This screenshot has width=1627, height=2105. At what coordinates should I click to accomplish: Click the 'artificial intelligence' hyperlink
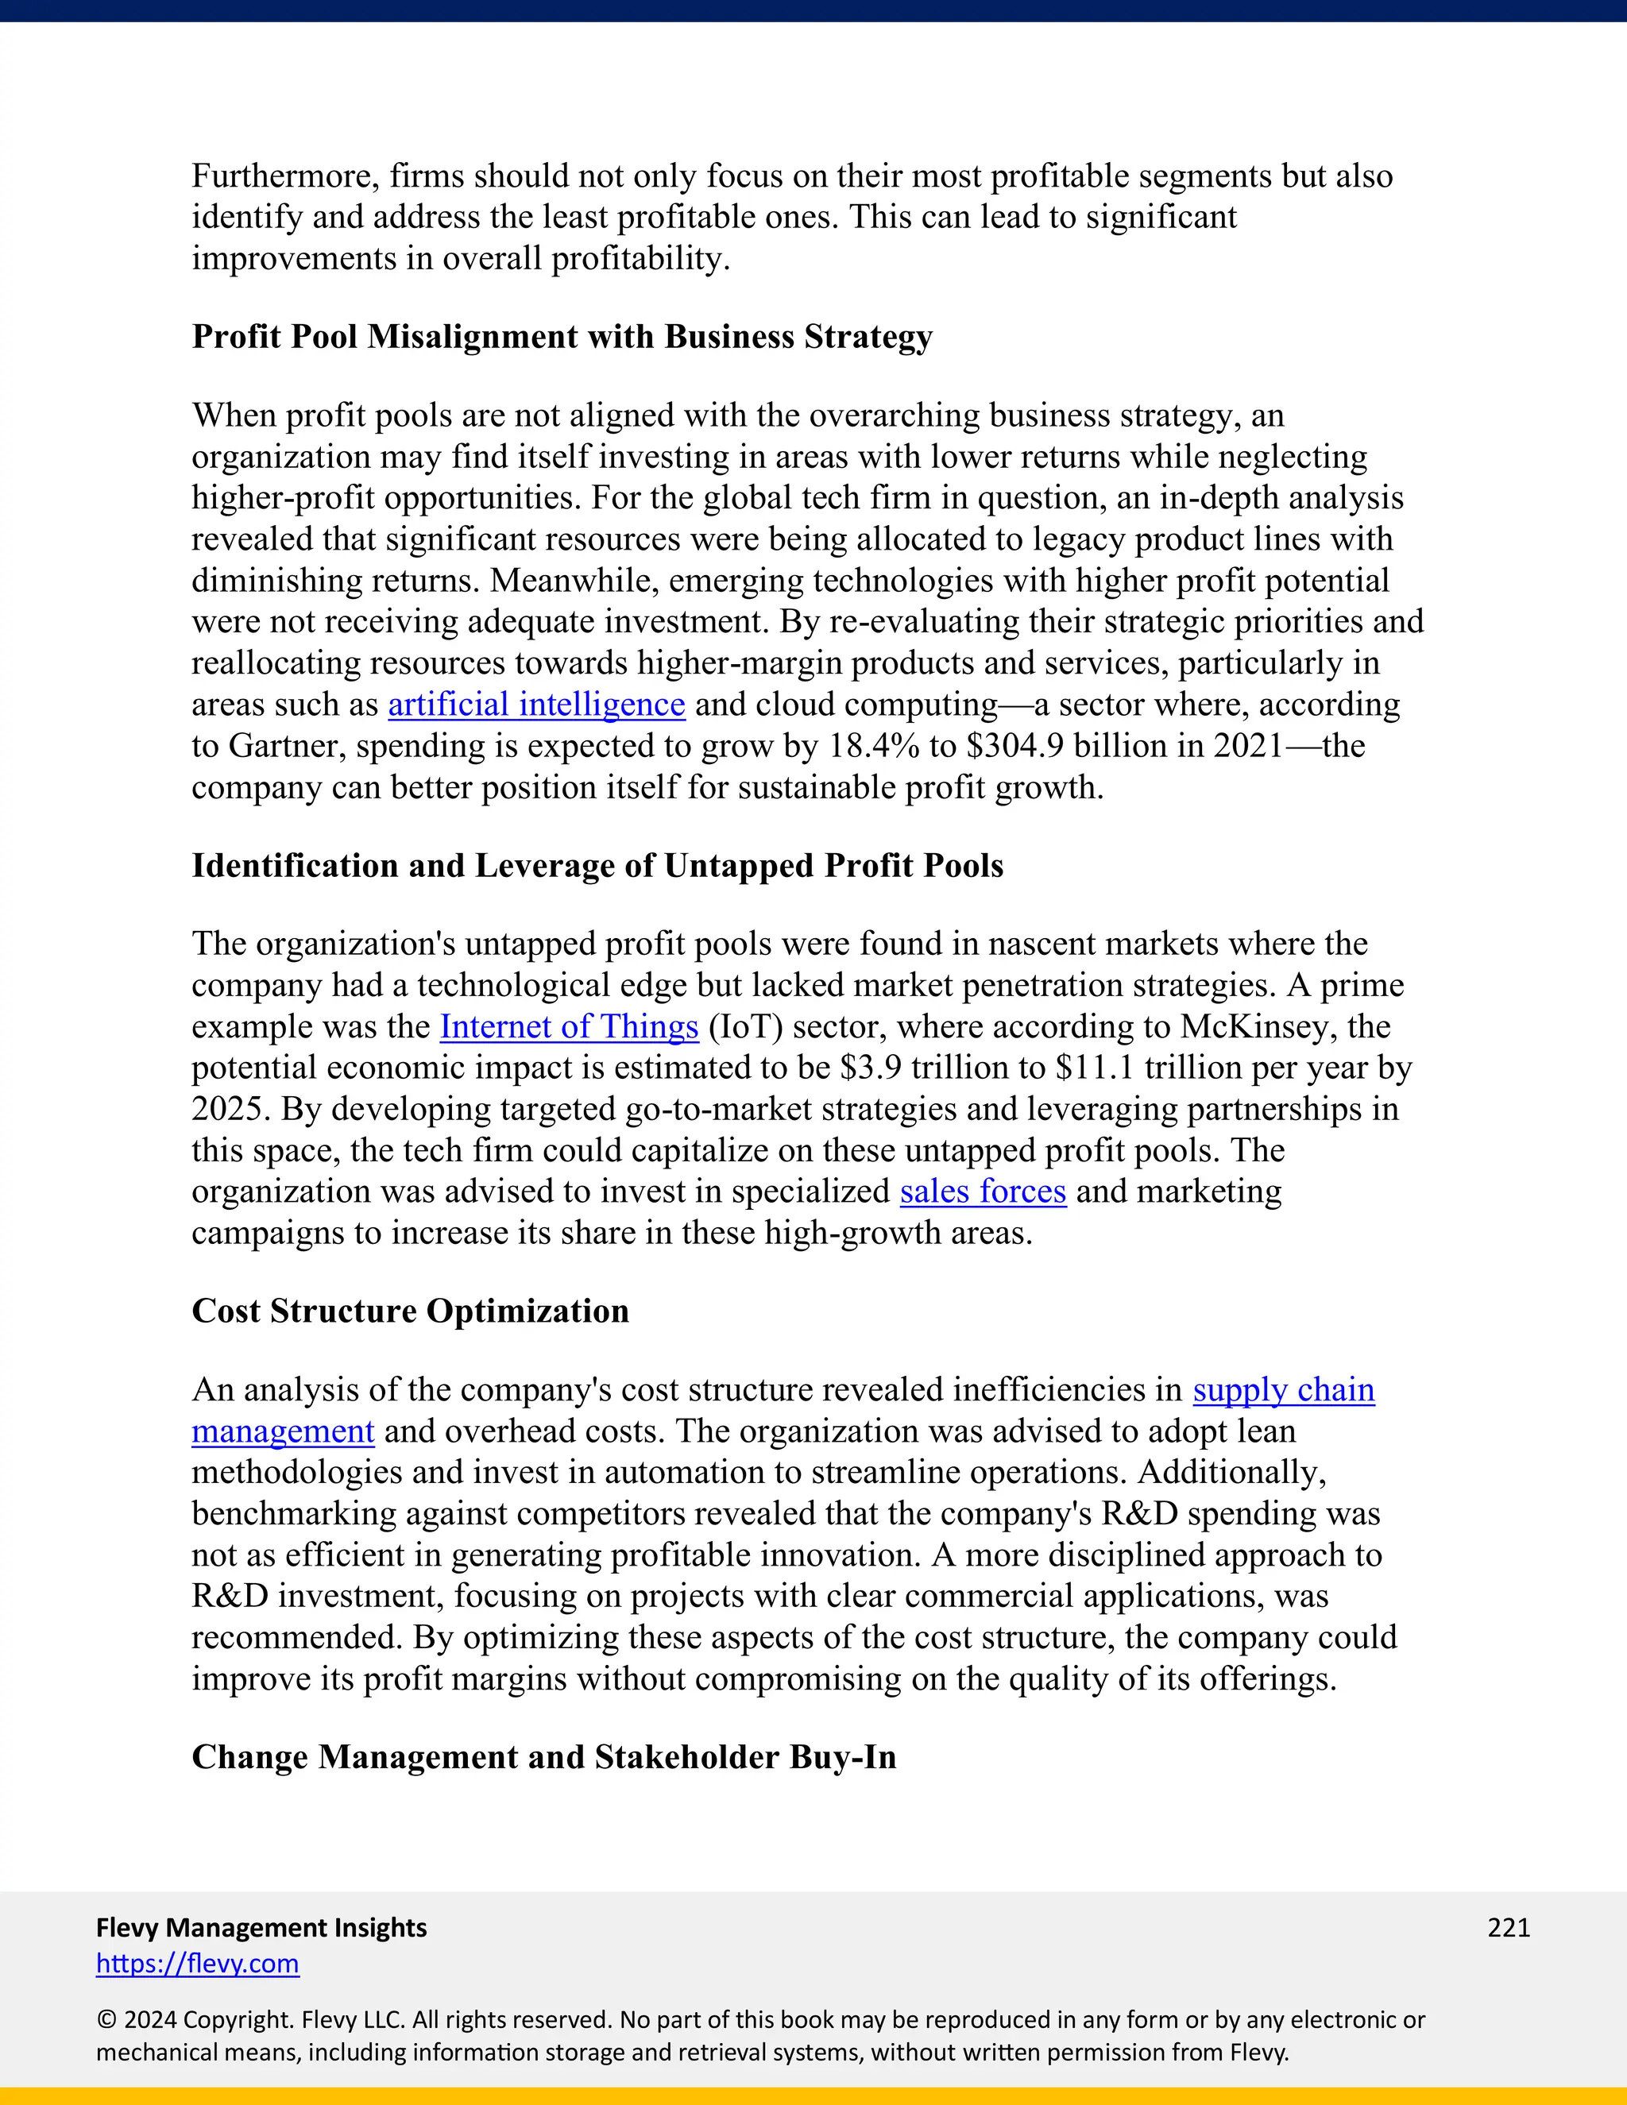[x=536, y=705]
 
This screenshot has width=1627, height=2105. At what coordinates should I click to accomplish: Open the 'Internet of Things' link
[x=569, y=1027]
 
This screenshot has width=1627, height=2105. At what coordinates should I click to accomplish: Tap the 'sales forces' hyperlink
[x=982, y=1192]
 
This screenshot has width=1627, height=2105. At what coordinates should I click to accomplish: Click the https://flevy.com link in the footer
[x=198, y=1964]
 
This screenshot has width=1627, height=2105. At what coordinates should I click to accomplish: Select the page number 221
[x=1509, y=1928]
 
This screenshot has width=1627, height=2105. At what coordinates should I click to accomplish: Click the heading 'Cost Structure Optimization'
[x=410, y=1311]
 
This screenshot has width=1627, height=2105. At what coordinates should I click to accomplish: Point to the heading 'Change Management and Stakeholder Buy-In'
[x=543, y=1757]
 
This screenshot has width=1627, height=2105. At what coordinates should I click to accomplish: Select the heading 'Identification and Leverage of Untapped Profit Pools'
[x=597, y=867]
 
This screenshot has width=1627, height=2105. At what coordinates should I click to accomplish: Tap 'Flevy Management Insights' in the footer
[x=261, y=1928]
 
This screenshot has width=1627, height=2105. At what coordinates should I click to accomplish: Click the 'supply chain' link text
[x=1283, y=1391]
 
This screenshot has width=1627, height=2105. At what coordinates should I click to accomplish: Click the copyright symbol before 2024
[x=106, y=2020]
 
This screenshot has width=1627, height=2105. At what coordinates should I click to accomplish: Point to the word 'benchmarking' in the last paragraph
[x=294, y=1515]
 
